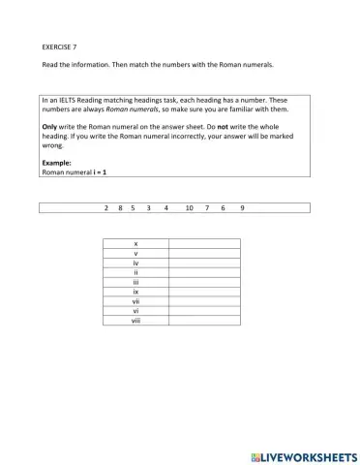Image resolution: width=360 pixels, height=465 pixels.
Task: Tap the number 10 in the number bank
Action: click(x=189, y=207)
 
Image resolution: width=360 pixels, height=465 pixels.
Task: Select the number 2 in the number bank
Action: click(x=105, y=207)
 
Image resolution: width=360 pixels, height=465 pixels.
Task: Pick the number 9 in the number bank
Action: click(x=242, y=207)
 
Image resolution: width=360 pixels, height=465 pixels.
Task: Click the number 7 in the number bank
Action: click(x=207, y=207)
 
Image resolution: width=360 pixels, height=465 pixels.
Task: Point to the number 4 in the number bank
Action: click(x=166, y=207)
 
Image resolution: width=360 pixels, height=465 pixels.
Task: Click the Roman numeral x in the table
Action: click(x=135, y=243)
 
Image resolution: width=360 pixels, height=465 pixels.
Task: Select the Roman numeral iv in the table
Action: click(x=135, y=263)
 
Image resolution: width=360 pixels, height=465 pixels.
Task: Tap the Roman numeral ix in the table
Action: click(x=135, y=291)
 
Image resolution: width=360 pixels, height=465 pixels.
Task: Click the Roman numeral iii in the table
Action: click(x=135, y=281)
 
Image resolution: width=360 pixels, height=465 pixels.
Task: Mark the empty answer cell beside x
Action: click(x=204, y=243)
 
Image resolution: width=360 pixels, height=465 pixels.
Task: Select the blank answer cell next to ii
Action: click(x=204, y=272)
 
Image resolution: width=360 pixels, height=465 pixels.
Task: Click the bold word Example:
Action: click(x=57, y=162)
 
